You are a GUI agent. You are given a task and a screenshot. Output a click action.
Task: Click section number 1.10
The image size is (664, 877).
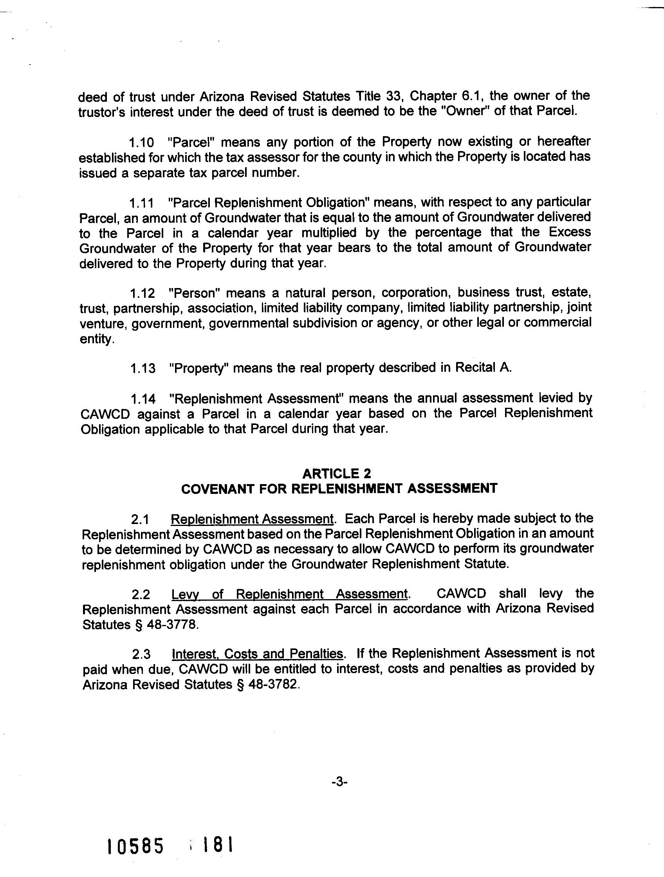pos(142,142)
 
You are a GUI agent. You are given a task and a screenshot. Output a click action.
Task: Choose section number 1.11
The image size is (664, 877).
pos(142,203)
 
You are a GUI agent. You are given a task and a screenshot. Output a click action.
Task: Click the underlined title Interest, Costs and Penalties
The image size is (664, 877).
pos(258,654)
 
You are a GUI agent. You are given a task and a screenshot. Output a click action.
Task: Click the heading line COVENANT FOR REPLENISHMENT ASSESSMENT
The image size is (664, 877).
pos(339,488)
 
